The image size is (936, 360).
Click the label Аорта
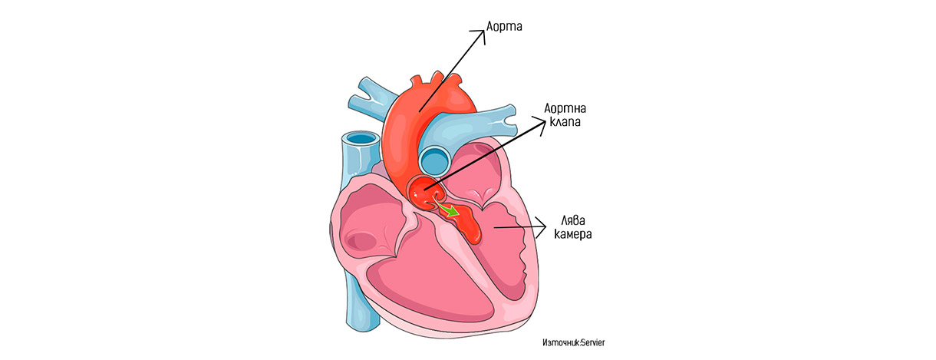click(x=504, y=26)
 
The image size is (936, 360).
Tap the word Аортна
click(x=565, y=108)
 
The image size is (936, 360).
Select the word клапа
click(x=565, y=122)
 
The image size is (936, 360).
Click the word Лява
click(x=573, y=220)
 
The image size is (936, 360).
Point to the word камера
click(x=573, y=233)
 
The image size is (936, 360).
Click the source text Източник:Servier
click(x=573, y=342)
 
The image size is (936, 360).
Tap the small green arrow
click(x=447, y=209)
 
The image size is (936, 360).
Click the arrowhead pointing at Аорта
click(x=480, y=36)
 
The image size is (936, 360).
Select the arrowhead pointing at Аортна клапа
click(x=539, y=125)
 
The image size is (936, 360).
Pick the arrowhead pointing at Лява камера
click(x=541, y=227)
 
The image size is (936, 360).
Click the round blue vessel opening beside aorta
click(x=436, y=160)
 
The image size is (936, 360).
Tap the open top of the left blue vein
click(x=358, y=138)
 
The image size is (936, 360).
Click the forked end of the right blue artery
click(x=509, y=121)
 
